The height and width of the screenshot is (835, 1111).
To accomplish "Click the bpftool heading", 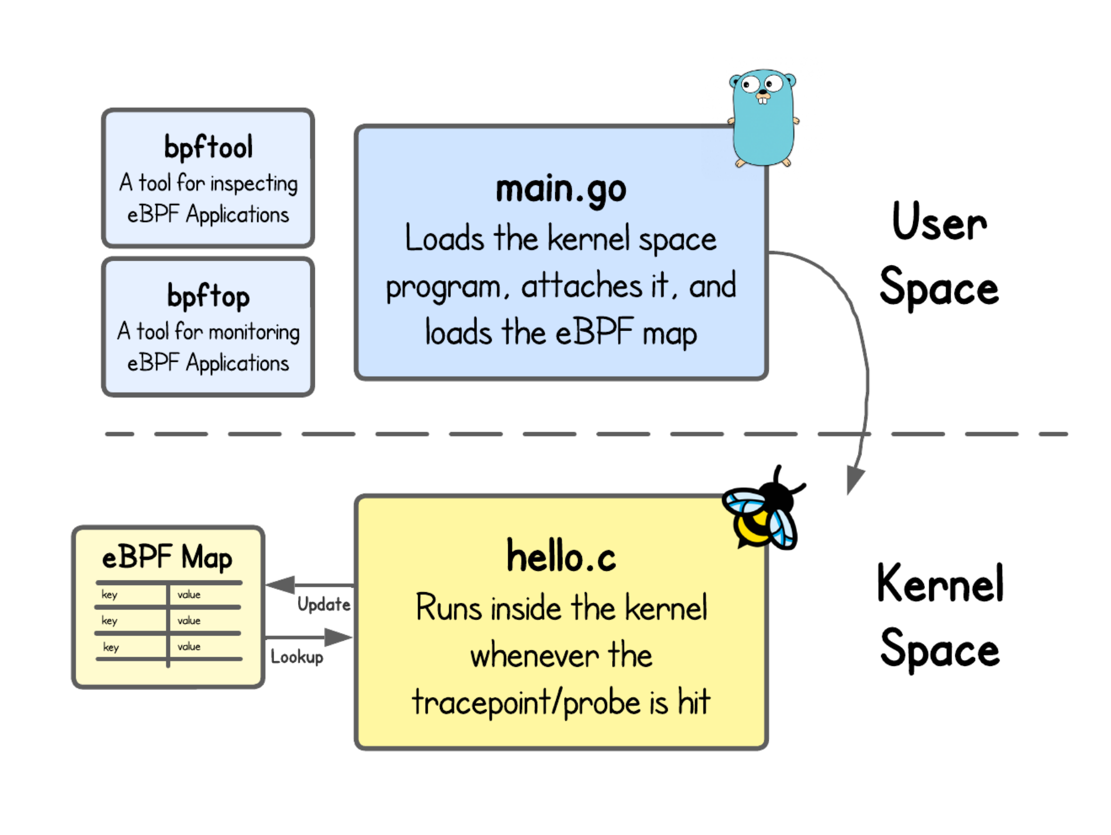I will (208, 147).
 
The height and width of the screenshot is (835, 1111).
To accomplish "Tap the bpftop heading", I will (208, 296).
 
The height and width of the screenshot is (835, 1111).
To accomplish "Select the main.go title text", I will (561, 190).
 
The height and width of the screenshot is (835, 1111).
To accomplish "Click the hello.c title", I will (561, 557).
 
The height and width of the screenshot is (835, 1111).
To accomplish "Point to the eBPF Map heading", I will (167, 557).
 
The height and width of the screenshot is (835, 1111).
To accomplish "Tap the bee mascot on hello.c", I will (763, 513).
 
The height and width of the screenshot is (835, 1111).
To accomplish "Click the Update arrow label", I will (324, 604).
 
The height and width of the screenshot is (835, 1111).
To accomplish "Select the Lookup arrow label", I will (297, 657).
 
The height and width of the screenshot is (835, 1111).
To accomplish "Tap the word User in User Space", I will (939, 223).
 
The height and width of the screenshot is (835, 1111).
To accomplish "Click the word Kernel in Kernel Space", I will (940, 584).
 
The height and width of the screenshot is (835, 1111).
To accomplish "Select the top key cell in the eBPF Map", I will (110, 594).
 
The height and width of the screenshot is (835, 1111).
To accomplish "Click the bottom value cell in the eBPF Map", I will (189, 646).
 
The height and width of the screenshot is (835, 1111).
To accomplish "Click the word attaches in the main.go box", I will (582, 286).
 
